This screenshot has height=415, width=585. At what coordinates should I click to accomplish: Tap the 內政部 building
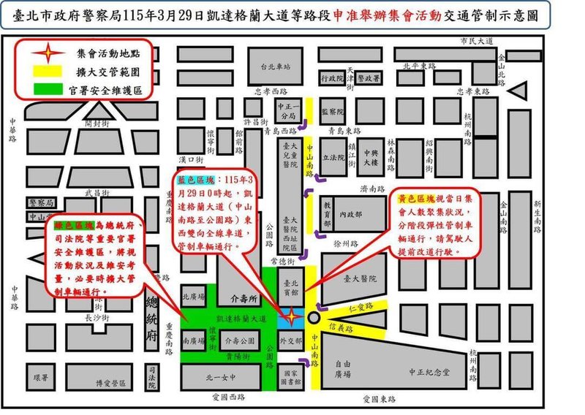coord(352,215)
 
